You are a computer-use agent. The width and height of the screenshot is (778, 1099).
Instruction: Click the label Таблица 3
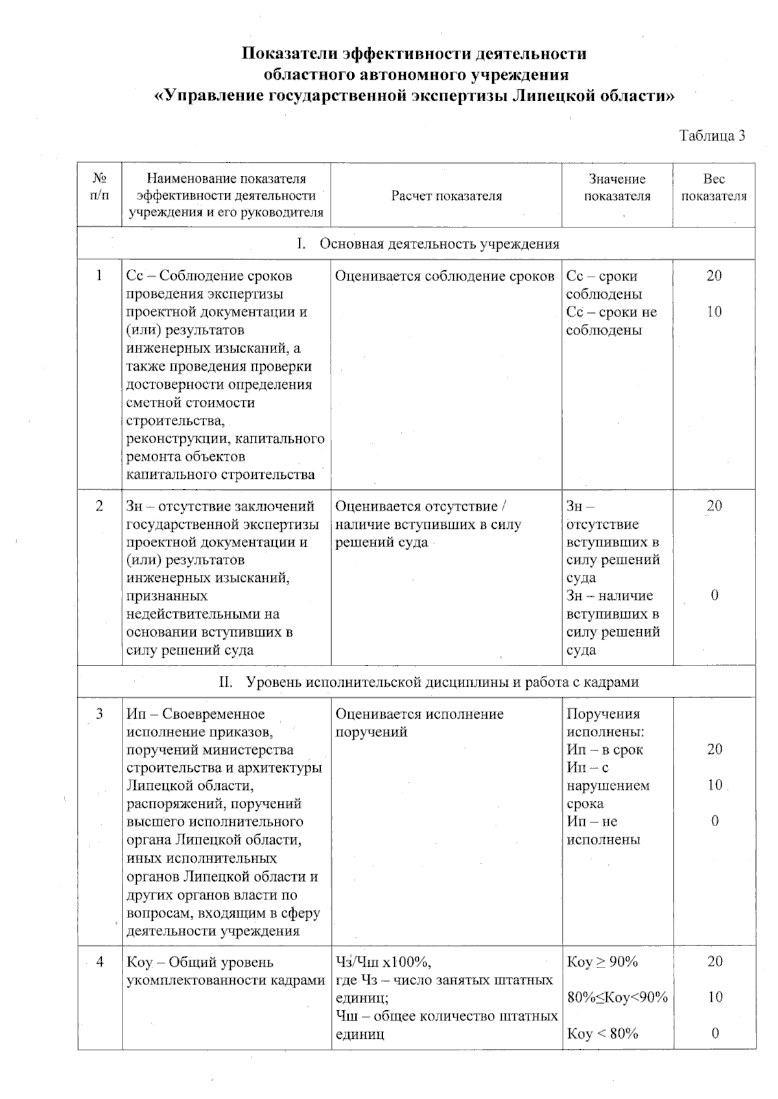click(x=712, y=135)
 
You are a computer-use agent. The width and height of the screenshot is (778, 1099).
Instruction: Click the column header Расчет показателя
click(x=446, y=196)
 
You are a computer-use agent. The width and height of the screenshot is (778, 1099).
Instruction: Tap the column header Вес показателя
click(x=714, y=187)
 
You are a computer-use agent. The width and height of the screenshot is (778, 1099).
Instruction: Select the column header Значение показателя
click(x=617, y=187)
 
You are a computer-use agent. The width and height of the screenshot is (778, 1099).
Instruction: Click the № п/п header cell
click(x=99, y=187)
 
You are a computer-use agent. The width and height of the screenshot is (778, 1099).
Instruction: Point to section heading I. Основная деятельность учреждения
click(x=428, y=244)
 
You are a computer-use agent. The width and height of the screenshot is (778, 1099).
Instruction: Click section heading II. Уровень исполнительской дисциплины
click(x=428, y=682)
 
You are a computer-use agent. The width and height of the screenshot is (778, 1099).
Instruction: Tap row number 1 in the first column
click(x=99, y=276)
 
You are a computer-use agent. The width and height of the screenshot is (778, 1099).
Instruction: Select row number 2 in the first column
click(x=99, y=506)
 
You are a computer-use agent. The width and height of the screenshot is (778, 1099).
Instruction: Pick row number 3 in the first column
click(x=99, y=714)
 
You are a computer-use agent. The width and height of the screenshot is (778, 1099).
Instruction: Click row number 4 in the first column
click(x=99, y=962)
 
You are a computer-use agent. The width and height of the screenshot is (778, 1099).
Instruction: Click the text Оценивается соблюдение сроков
click(x=445, y=276)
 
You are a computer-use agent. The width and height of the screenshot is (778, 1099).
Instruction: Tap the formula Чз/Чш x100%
click(x=384, y=962)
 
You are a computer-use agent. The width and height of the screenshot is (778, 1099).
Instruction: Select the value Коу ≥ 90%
click(x=602, y=962)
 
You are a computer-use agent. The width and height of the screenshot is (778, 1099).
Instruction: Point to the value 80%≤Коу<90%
click(x=617, y=997)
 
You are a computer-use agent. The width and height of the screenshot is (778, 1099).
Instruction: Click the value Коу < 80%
click(x=602, y=1033)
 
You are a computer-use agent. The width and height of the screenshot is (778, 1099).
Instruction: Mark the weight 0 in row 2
click(x=714, y=596)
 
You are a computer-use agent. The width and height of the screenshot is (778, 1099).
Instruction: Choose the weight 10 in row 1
click(x=714, y=312)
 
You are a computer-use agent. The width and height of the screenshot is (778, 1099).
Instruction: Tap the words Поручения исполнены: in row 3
click(x=604, y=723)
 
